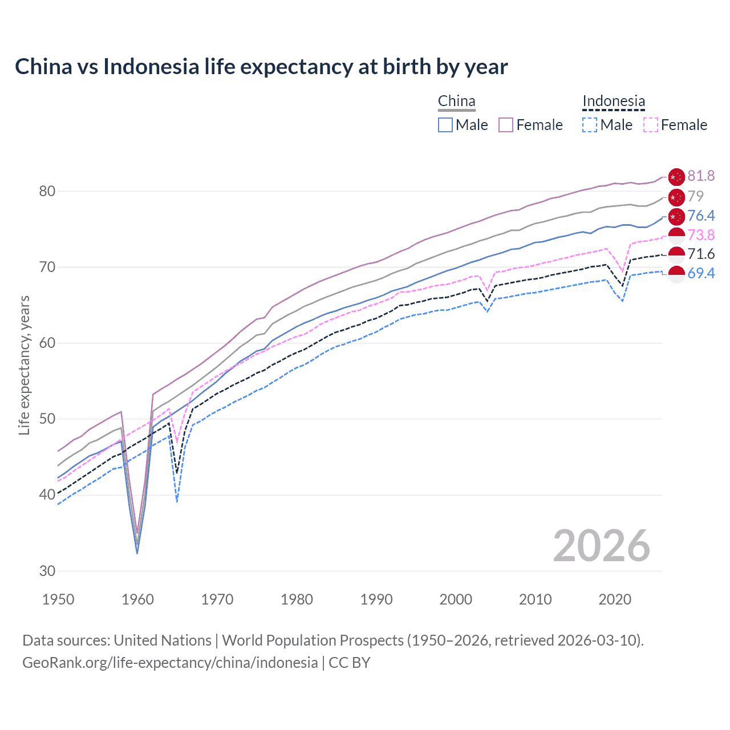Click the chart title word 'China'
click(43, 67)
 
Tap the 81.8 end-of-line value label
click(701, 176)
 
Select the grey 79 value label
click(696, 196)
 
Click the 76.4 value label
click(701, 216)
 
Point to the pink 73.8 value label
click(701, 235)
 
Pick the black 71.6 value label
click(701, 254)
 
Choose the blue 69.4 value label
click(701, 273)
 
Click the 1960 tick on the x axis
click(138, 599)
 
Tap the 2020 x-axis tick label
click(615, 599)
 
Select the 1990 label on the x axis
click(376, 599)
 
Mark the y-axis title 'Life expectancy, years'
click(24, 365)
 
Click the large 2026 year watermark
click(602, 546)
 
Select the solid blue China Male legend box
click(445, 125)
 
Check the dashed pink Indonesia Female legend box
click(650, 125)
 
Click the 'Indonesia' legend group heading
click(614, 101)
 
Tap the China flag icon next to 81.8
click(676, 177)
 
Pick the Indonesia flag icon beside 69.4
click(676, 274)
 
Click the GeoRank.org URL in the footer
click(170, 662)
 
